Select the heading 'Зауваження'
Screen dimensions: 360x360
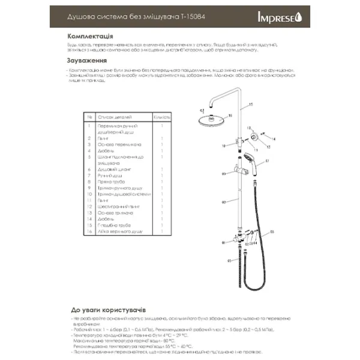(88, 61)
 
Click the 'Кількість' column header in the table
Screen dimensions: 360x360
(162, 118)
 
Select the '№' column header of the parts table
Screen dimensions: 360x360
(89, 118)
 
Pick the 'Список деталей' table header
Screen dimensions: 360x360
(114, 118)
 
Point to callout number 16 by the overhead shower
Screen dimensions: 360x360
(202, 111)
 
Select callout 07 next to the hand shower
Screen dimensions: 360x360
(267, 161)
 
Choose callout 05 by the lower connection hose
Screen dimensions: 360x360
(229, 261)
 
